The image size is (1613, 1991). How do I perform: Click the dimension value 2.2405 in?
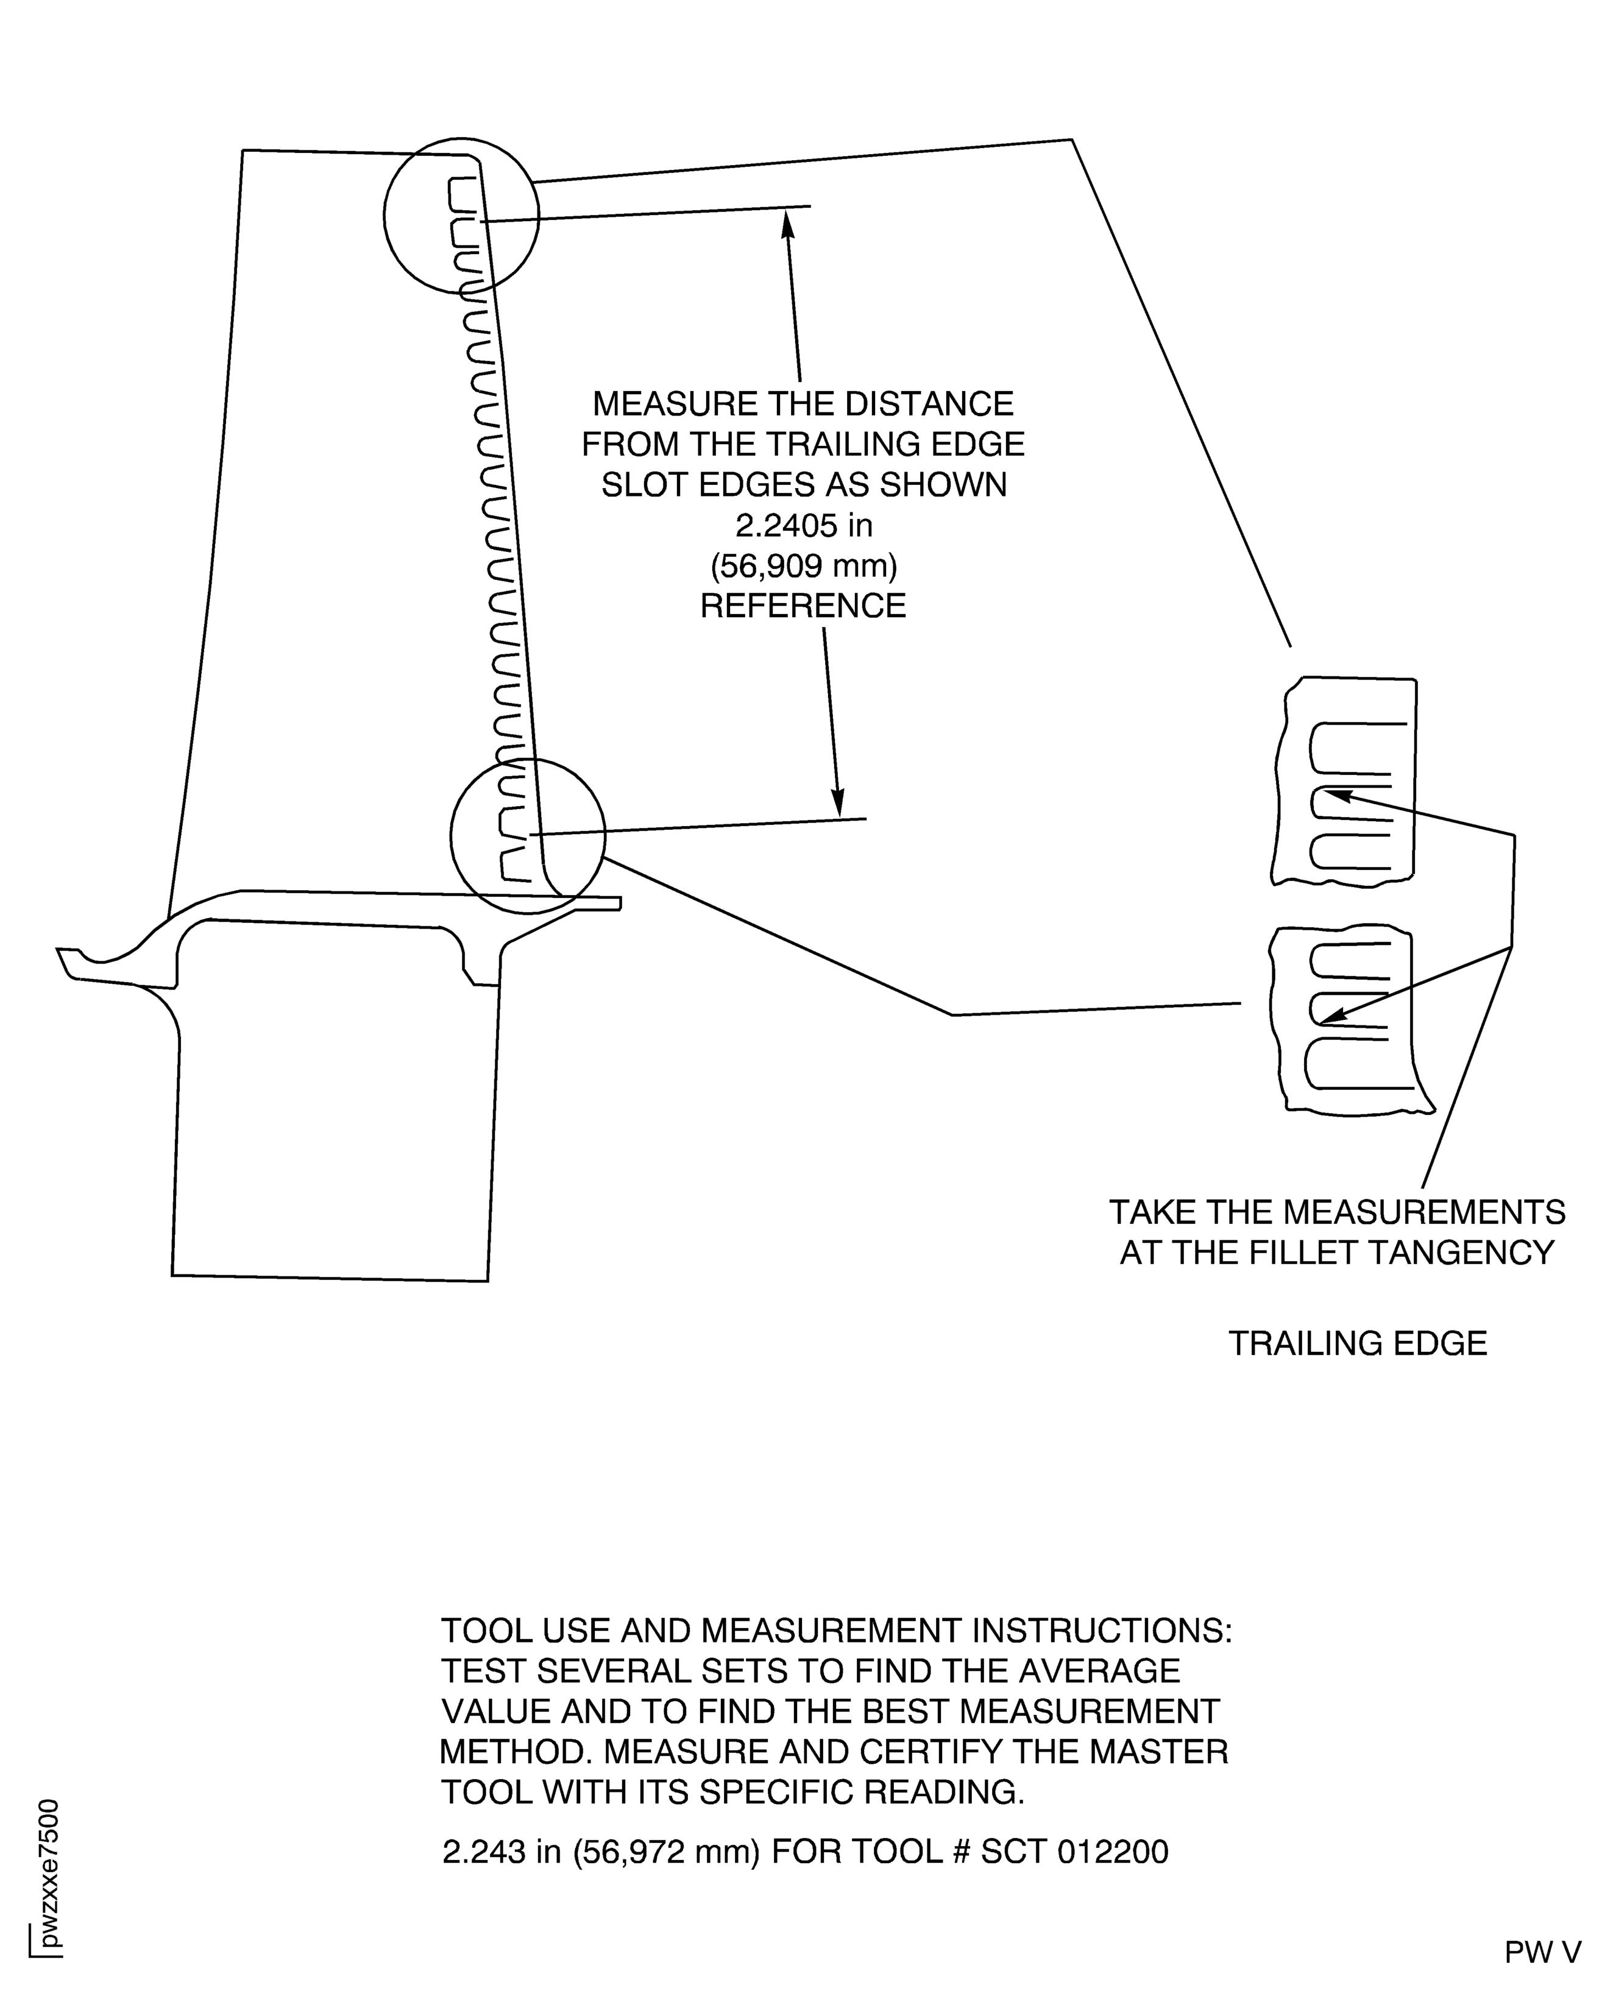804,526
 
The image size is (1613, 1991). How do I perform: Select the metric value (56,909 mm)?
804,566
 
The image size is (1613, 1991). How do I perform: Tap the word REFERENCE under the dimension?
803,606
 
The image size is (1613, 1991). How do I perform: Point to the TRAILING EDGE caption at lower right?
1358,1343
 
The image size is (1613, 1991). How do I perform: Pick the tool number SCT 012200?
1074,1851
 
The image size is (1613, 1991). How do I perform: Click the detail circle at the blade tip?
461,216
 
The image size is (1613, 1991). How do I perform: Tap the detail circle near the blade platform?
527,836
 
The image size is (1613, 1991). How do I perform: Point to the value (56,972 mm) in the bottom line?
667,1851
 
